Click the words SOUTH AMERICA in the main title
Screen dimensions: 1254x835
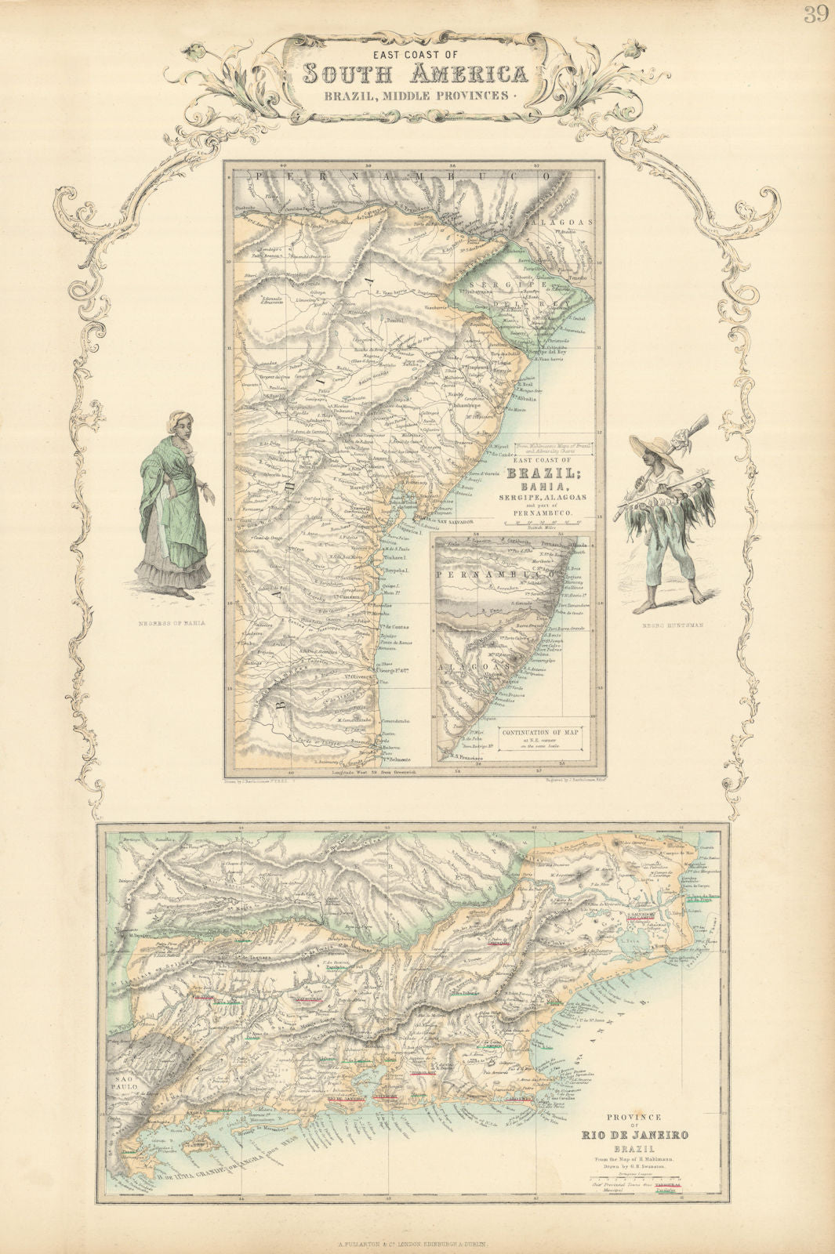click(x=415, y=74)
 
